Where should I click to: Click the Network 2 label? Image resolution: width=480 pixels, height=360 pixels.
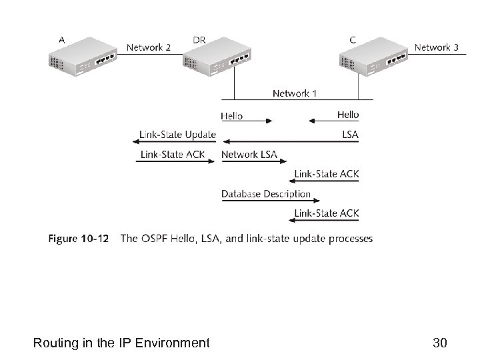[149, 47]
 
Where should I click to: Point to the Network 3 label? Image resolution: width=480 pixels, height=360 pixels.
[436, 47]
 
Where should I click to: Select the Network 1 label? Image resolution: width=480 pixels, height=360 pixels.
[295, 93]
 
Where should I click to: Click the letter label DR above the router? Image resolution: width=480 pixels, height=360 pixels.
[199, 40]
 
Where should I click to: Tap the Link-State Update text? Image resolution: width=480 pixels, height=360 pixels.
[177, 134]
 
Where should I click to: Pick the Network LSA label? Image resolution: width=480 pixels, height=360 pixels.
[249, 155]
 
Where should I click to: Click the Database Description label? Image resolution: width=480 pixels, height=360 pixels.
[266, 194]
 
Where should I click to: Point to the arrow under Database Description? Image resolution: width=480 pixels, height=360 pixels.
[266, 201]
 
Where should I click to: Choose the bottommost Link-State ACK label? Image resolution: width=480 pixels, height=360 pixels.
[327, 213]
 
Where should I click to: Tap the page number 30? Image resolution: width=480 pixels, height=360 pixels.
[439, 343]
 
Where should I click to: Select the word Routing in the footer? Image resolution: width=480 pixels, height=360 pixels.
[55, 343]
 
